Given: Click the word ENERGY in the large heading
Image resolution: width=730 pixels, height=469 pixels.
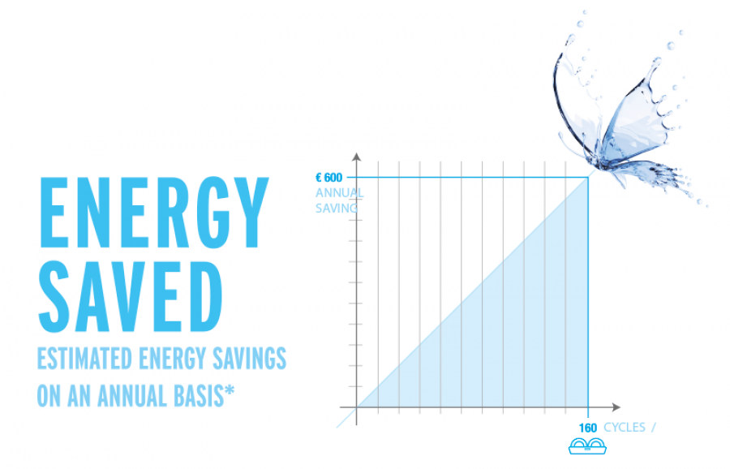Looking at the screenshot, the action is pos(154,213).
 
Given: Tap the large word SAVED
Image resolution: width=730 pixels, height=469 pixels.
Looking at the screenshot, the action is pos(131,297).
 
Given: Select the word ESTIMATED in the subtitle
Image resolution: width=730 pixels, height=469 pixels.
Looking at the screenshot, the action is pos(84,358).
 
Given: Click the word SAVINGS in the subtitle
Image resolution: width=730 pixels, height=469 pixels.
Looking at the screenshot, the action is pos(249,358).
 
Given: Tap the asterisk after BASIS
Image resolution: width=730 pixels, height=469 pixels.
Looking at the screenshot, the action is pos(230,391).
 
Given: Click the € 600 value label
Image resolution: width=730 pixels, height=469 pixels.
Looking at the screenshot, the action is pos(328,178).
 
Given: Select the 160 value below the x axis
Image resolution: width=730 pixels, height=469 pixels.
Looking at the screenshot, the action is pos(587,428).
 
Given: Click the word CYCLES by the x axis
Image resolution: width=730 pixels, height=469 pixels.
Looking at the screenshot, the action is pos(625,428).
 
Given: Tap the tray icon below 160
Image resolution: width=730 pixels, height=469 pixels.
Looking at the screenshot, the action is pos(587,446).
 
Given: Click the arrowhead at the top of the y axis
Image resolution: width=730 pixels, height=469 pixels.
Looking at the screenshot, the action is pos(357,157).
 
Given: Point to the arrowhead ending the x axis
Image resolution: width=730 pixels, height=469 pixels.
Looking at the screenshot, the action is pos(616,407).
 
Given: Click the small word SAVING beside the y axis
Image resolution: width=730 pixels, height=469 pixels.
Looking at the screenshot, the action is pos(336,209).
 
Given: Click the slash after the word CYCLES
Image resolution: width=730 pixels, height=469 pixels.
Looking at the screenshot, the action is pos(654,428).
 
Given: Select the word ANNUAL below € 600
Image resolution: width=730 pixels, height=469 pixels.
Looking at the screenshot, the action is pos(339,193).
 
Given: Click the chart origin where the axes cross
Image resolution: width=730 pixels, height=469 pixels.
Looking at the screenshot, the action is pos(357,407).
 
